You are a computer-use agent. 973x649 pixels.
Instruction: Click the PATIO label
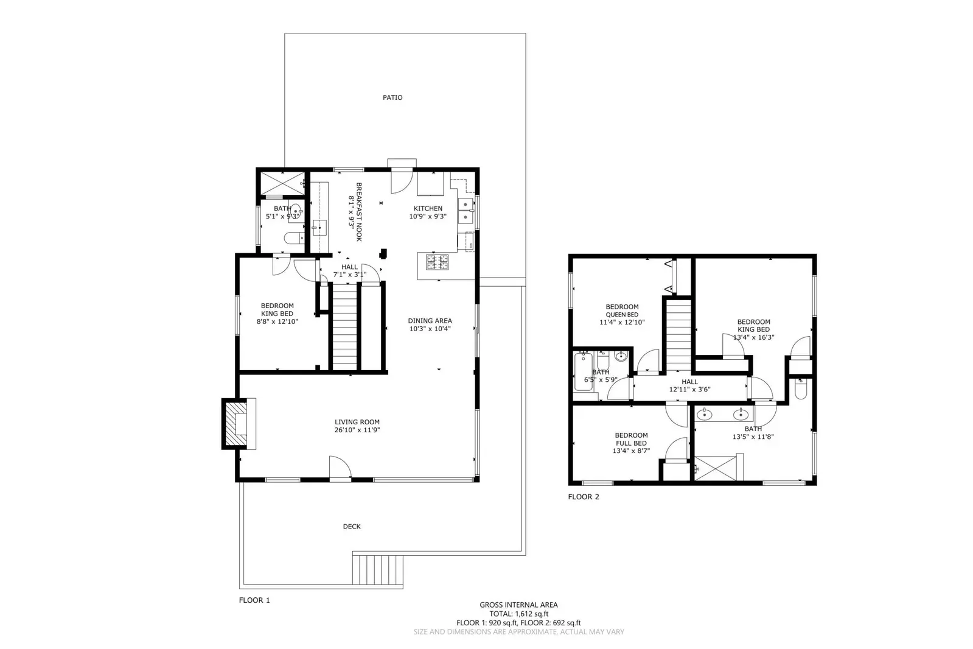click(392, 97)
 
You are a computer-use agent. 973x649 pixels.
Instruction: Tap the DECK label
click(352, 527)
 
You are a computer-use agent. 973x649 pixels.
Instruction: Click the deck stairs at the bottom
click(378, 570)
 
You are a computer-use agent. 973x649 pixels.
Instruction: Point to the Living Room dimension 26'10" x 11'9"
click(357, 430)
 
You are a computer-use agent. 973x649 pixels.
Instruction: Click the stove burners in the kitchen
click(437, 262)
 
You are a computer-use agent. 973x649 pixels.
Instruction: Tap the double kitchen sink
click(467, 211)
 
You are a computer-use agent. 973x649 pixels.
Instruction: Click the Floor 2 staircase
click(678, 334)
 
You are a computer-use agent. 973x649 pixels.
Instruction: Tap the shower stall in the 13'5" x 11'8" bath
click(718, 469)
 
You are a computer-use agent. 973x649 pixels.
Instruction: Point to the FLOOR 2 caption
click(584, 497)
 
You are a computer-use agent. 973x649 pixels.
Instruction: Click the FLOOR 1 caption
click(254, 600)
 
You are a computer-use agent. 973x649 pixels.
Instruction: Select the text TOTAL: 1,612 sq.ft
click(518, 614)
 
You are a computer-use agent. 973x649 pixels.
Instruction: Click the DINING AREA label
click(430, 321)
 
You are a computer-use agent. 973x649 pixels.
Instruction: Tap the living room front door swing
click(340, 468)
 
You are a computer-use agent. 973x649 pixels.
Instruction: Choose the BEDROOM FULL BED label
click(631, 439)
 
